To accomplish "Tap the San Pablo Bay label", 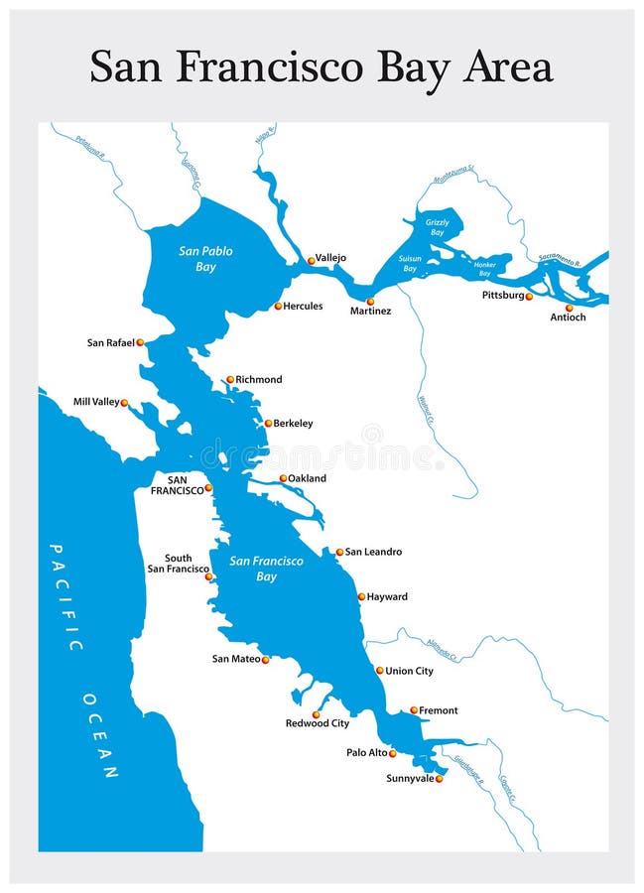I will [205, 259].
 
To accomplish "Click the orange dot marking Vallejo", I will [311, 261].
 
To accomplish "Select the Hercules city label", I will [303, 307].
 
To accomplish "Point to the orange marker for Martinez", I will [370, 301].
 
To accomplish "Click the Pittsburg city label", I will [502, 296].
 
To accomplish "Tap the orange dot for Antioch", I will [569, 308].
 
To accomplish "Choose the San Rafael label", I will [109, 343].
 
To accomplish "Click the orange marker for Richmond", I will [229, 379].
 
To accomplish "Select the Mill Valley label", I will [95, 403].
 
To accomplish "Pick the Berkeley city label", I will [293, 424].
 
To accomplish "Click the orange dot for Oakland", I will [283, 478].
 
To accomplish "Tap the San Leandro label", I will [373, 552].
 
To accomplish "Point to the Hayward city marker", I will [361, 597].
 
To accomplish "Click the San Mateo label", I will [235, 659].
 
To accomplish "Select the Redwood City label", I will [318, 723].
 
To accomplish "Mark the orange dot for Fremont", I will [414, 710].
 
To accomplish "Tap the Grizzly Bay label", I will [437, 227].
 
